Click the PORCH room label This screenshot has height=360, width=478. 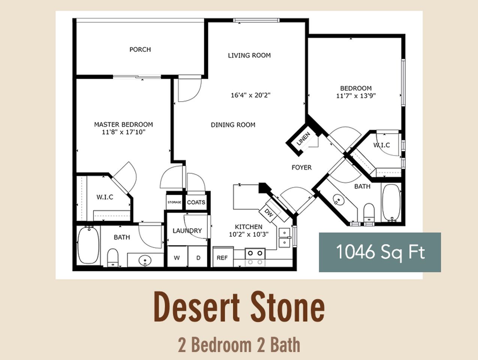click(x=140, y=49)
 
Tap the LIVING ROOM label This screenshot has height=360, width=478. click(x=249, y=55)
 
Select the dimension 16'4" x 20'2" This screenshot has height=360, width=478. click(x=250, y=95)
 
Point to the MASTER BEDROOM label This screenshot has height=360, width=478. click(x=123, y=124)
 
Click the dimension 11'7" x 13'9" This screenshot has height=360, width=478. click(x=356, y=96)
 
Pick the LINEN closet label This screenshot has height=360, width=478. click(x=303, y=139)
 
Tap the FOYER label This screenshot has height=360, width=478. click(x=301, y=168)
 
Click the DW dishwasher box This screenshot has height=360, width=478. click(x=269, y=213)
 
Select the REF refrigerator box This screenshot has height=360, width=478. click(x=222, y=258)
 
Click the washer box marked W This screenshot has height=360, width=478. click(x=177, y=258)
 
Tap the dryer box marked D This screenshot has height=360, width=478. click(x=198, y=258)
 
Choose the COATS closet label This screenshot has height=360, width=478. click(x=196, y=202)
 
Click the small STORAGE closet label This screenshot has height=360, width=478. click(x=174, y=202)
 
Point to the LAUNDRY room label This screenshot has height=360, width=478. click(x=187, y=231)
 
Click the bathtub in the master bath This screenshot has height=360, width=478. click(x=88, y=245)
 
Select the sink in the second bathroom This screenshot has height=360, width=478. click(x=339, y=200)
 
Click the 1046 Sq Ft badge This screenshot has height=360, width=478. click(x=380, y=252)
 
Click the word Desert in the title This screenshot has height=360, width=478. click(x=197, y=307)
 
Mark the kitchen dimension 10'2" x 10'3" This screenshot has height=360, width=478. click(x=249, y=235)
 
